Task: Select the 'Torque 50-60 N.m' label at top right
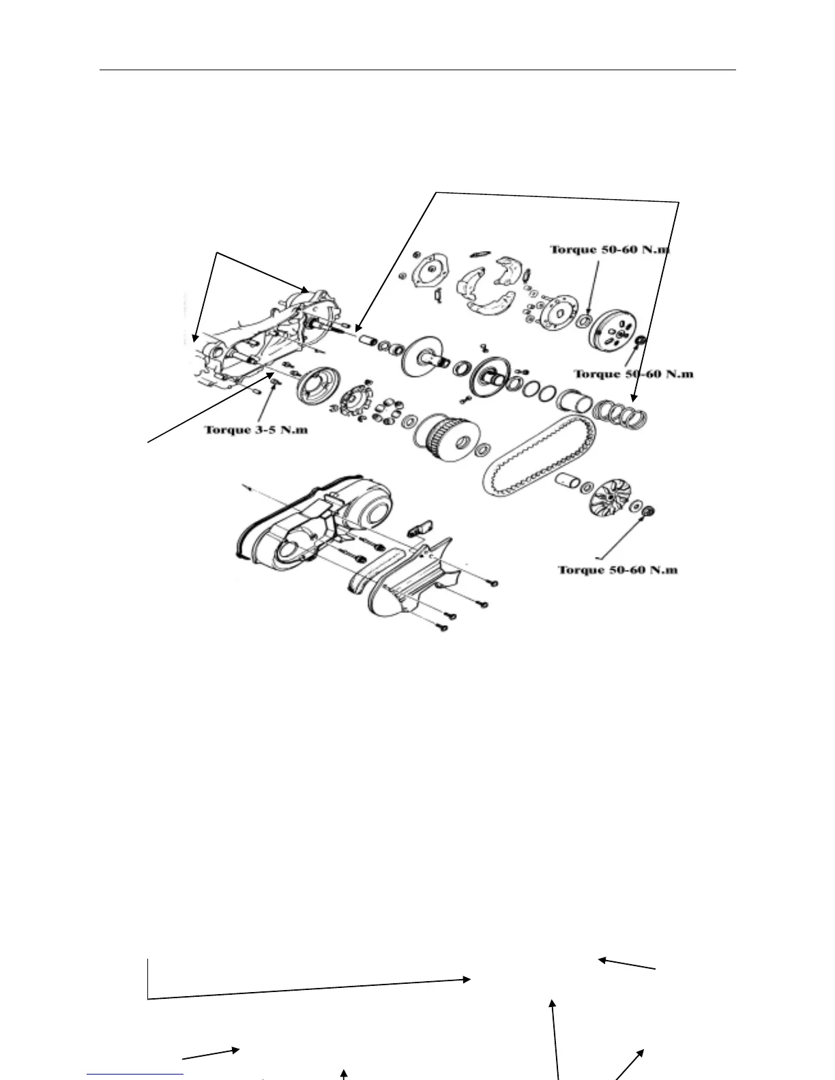pos(609,250)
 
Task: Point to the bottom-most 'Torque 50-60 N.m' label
pos(618,569)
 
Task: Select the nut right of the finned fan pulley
pos(649,511)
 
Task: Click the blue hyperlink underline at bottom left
pos(135,1074)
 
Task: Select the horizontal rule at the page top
pos(417,70)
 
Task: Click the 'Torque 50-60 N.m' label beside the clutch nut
pos(633,374)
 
